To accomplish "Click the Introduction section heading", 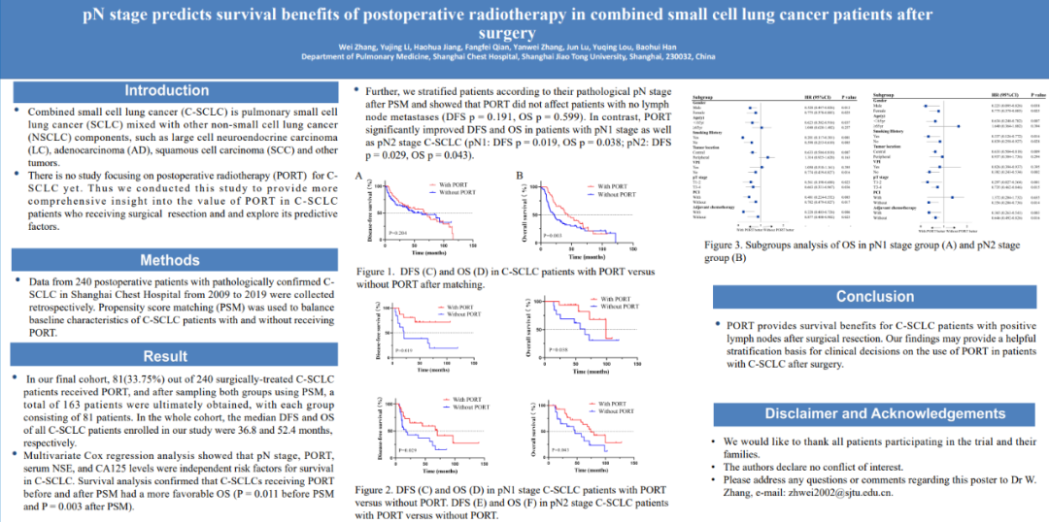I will coord(166,91).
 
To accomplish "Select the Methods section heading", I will coord(170,260).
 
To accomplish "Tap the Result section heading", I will coord(165,356).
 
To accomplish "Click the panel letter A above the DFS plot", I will coord(359,176).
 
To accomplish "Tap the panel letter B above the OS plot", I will coord(520,176).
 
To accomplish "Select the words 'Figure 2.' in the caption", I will coord(377,490).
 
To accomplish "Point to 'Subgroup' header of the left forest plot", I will coord(704,99).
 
